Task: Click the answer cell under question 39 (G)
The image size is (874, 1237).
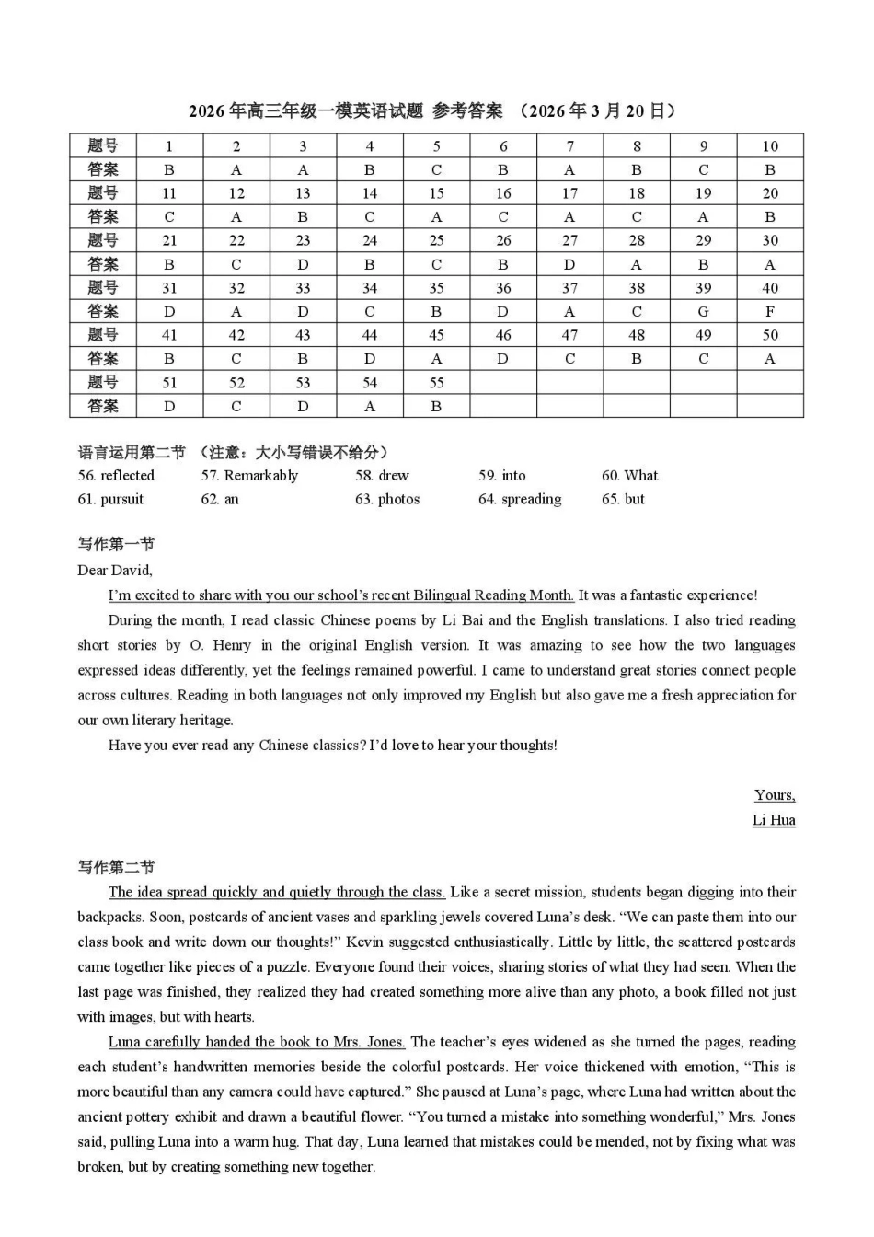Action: click(x=703, y=311)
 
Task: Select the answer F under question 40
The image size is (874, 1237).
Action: click(x=770, y=311)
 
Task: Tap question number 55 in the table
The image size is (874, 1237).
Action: click(x=436, y=382)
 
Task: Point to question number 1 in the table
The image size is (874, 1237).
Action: click(x=169, y=145)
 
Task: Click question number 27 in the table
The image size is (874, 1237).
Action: click(x=569, y=240)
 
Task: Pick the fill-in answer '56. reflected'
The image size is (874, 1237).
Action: click(x=116, y=476)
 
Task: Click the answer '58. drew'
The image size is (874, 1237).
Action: click(x=382, y=476)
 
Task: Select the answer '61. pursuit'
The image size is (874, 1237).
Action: click(x=110, y=499)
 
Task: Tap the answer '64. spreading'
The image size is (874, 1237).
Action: click(x=520, y=499)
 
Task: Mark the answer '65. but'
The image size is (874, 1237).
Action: click(x=623, y=499)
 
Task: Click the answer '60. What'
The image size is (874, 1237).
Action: click(x=629, y=476)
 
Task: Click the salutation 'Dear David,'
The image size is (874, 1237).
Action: click(x=115, y=570)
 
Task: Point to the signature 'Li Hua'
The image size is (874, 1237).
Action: click(x=774, y=820)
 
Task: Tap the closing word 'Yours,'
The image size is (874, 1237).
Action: click(x=775, y=795)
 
